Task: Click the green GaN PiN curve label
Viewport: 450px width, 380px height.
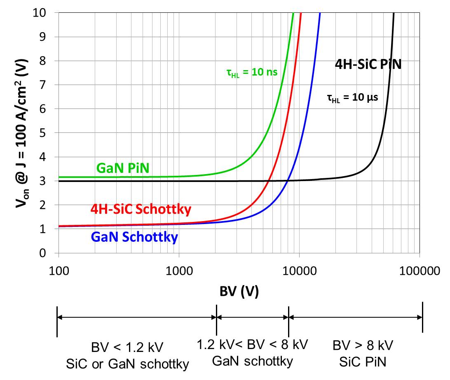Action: (x=123, y=168)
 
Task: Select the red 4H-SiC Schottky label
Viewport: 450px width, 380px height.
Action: (x=141, y=210)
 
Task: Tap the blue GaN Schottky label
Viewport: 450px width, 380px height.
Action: (x=134, y=237)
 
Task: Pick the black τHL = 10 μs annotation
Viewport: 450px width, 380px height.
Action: (x=349, y=98)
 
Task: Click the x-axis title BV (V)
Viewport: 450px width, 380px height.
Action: (x=239, y=291)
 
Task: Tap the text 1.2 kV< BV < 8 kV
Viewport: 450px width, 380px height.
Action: (x=253, y=344)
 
